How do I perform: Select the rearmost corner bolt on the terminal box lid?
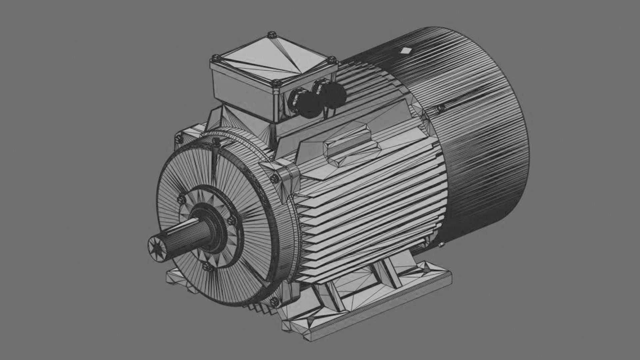coord(272,34)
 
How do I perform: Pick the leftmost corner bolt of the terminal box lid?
coord(216,58)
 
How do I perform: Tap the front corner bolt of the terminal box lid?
coord(275,83)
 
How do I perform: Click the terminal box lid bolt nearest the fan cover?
coord(332,60)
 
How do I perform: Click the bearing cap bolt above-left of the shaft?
coord(181,199)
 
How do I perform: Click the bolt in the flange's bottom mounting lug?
coord(274,302)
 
